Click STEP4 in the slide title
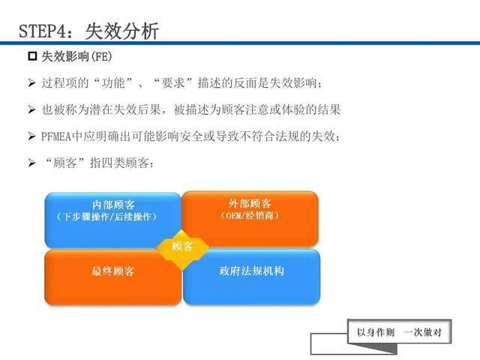(x=42, y=31)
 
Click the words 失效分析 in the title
(x=121, y=31)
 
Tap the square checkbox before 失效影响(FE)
(x=32, y=56)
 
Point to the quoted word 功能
(x=113, y=83)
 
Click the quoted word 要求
(x=173, y=83)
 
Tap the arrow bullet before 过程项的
(x=31, y=82)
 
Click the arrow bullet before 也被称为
(x=31, y=109)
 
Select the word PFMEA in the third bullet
(x=56, y=136)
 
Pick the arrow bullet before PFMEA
(x=31, y=136)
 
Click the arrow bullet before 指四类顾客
(x=31, y=163)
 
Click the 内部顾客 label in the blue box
(x=113, y=205)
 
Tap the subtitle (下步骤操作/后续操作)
(x=106, y=217)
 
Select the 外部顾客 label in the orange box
(x=250, y=203)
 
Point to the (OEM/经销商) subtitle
(x=250, y=215)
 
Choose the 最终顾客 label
(x=113, y=271)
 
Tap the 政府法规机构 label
(x=252, y=271)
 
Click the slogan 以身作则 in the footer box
(x=376, y=332)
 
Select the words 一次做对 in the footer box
(x=423, y=332)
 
